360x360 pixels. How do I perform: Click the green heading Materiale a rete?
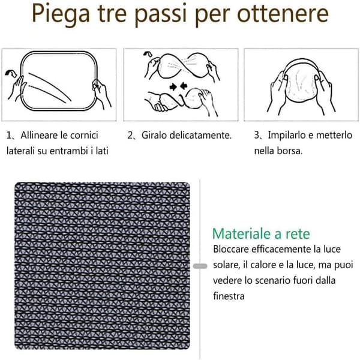pyautogui.click(x=261, y=234)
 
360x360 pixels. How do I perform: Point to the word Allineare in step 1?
pyautogui.click(x=38, y=135)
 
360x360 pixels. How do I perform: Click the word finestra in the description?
pyautogui.click(x=229, y=296)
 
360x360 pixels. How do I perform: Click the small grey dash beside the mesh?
pyautogui.click(x=200, y=266)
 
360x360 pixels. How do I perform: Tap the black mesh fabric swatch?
pyautogui.click(x=103, y=266)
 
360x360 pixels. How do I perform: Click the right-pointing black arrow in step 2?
pyautogui.click(x=173, y=87)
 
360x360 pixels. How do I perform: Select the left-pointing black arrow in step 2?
pyautogui.click(x=184, y=86)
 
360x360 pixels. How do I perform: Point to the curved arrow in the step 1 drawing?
pyautogui.click(x=11, y=73)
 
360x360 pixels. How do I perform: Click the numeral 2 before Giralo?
pyautogui.click(x=130, y=135)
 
